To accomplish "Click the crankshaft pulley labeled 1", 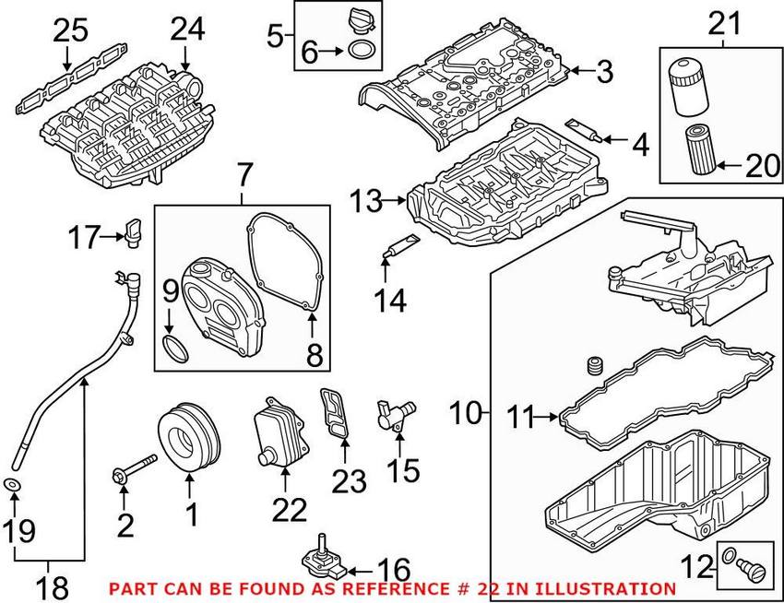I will tap(189, 438).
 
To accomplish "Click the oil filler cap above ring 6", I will tap(361, 21).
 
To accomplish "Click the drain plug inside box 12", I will tap(749, 564).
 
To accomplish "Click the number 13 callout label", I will tap(366, 199).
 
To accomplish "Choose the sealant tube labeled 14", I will tap(398, 245).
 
